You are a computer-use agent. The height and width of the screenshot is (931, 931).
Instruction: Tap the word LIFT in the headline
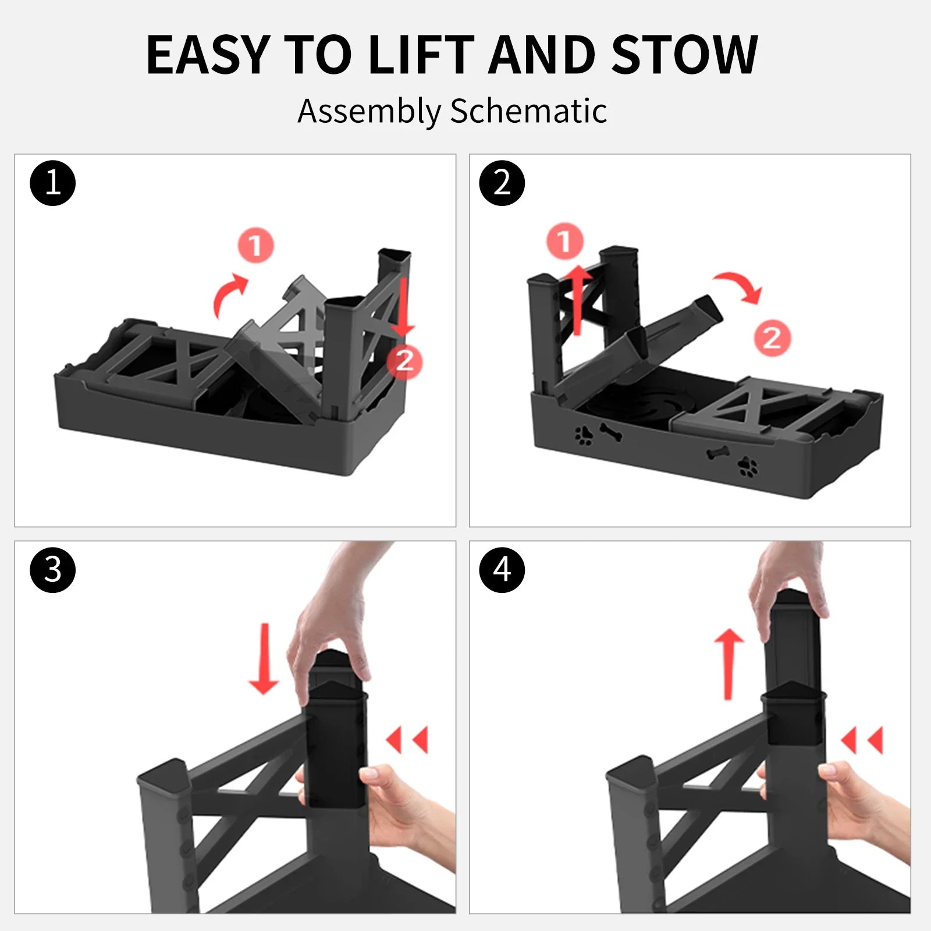coord(420,55)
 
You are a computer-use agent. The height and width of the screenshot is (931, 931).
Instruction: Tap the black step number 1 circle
coord(52,183)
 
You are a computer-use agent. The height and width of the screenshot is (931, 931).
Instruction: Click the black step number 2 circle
coord(502,183)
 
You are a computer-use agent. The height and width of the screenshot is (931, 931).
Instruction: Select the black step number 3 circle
coord(52,570)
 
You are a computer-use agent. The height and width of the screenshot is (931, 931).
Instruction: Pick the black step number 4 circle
coord(502,570)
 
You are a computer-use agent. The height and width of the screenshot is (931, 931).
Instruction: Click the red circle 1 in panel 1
coord(255,245)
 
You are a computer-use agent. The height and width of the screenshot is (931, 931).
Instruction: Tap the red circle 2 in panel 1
coord(404,361)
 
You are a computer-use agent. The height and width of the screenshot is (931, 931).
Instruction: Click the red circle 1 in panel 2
coord(564,240)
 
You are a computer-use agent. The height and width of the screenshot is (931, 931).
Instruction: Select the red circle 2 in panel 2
coord(772,338)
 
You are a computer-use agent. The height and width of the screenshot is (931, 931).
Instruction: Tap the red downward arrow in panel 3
coord(264,659)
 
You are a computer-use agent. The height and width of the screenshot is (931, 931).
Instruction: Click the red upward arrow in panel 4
coord(729,663)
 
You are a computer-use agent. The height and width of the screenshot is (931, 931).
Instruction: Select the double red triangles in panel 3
coord(407,740)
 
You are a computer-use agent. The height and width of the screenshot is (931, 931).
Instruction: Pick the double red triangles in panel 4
coord(862,740)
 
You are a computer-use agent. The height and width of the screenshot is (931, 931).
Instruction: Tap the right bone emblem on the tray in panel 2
coord(717,453)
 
